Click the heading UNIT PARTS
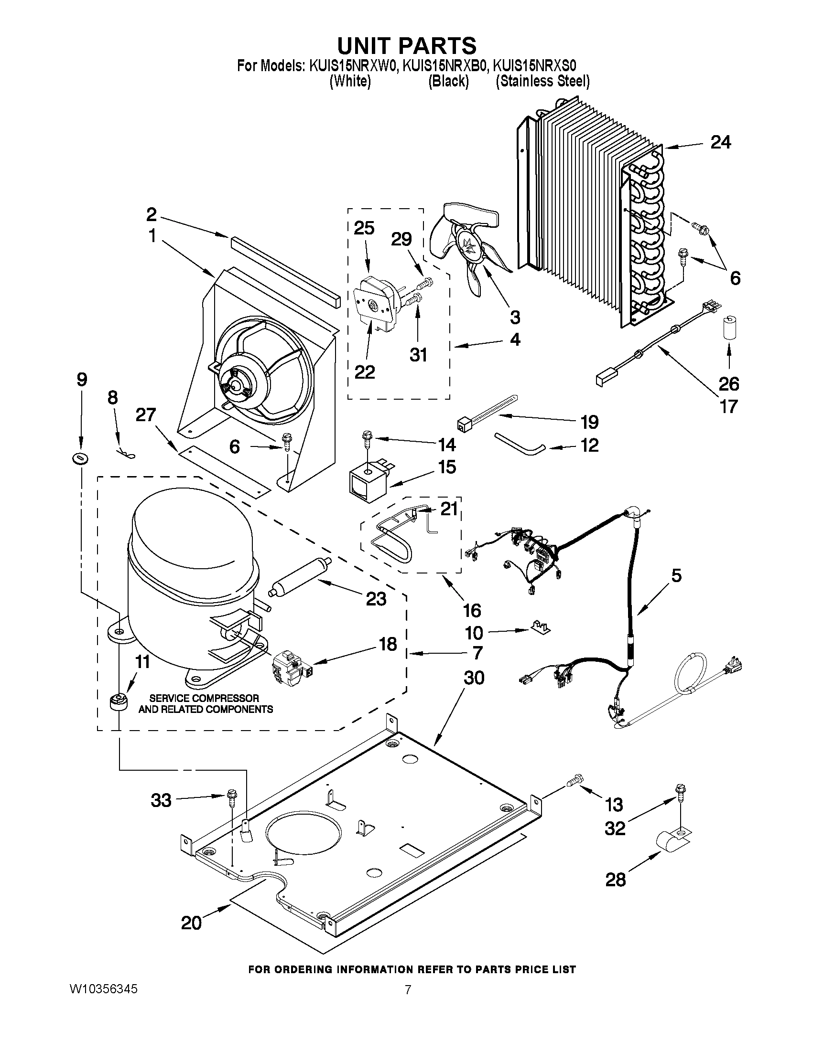(406, 46)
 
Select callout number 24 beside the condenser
(720, 142)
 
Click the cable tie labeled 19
(487, 412)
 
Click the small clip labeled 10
(541, 627)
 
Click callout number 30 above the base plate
(474, 678)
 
